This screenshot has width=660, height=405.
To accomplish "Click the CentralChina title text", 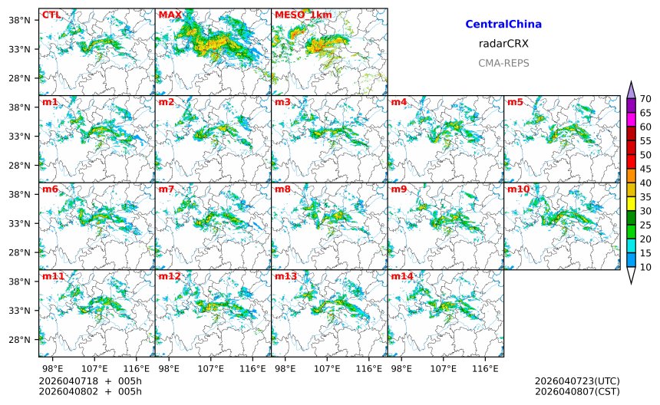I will pyautogui.click(x=503, y=25).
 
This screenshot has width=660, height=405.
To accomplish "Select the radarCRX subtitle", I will pyautogui.click(x=503, y=44).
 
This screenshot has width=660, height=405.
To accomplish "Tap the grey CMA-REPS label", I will pyautogui.click(x=503, y=64).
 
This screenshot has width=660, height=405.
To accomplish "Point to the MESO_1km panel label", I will pyautogui.click(x=303, y=15).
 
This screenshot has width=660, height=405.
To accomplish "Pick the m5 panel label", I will pyautogui.click(x=515, y=102).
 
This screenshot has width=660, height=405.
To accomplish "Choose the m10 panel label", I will pyautogui.click(x=518, y=189).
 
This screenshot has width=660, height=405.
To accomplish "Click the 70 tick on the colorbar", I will pyautogui.click(x=645, y=98).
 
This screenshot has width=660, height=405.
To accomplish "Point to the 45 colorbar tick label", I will pyautogui.click(x=645, y=169).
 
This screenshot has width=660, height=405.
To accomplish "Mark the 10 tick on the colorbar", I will pyautogui.click(x=645, y=267).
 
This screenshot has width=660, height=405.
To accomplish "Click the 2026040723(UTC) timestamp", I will pyautogui.click(x=576, y=381).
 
